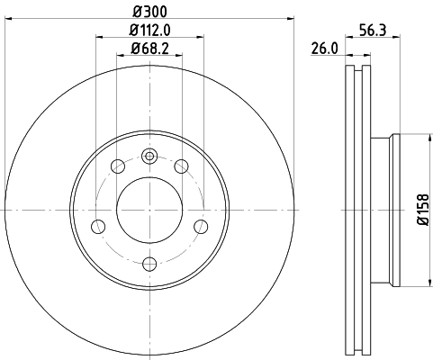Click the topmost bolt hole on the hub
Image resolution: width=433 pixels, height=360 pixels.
(x=150, y=155)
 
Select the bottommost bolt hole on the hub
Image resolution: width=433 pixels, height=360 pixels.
(x=150, y=264)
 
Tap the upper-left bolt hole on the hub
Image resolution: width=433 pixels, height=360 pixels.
(x=118, y=166)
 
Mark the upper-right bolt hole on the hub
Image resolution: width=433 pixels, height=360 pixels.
(x=183, y=166)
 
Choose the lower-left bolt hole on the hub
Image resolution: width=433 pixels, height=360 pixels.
(x=99, y=225)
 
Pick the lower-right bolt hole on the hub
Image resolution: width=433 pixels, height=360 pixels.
(x=202, y=225)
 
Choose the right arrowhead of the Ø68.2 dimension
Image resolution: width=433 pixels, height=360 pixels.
(x=180, y=57)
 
